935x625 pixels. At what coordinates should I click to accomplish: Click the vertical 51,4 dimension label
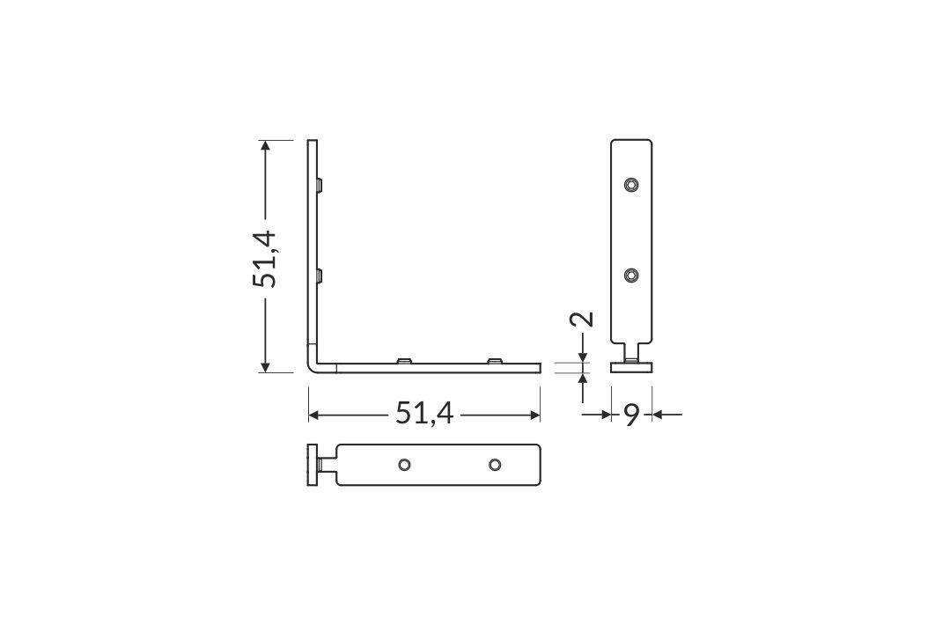coord(264,258)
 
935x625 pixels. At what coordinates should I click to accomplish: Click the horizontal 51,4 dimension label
coord(424,413)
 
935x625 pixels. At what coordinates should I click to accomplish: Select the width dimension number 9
coord(631,414)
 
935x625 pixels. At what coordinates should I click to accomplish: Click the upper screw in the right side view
coord(631,184)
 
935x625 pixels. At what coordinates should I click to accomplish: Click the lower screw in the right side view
coord(631,275)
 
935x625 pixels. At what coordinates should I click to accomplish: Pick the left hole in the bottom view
coord(404,465)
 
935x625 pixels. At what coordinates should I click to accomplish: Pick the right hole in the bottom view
coord(494,465)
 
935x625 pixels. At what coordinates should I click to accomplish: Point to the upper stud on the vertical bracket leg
coord(320,185)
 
